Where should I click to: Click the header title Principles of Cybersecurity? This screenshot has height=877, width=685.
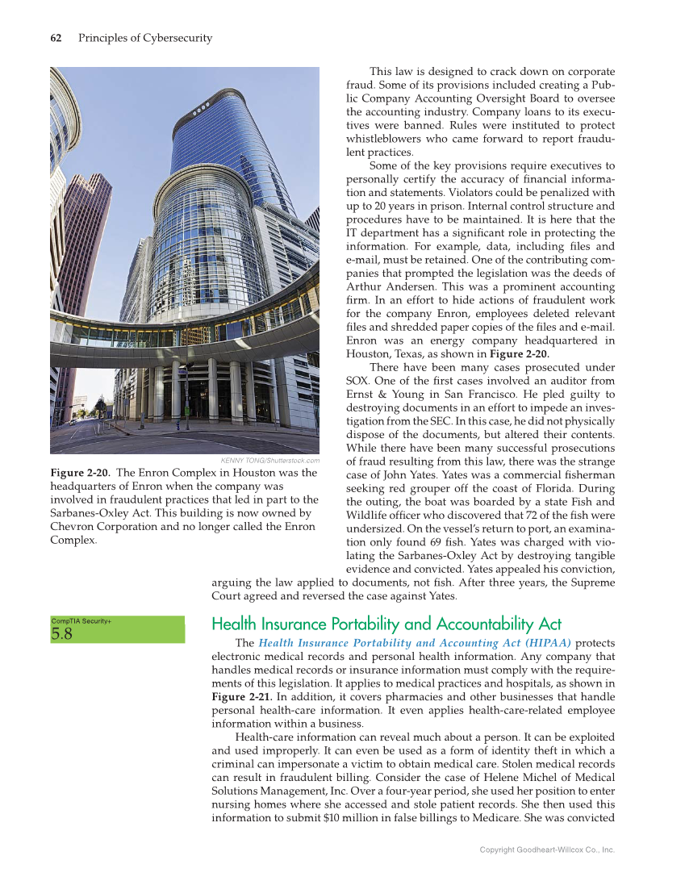(145, 38)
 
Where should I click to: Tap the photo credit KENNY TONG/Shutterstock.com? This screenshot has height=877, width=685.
(270, 461)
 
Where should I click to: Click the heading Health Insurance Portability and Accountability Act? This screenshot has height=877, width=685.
(386, 624)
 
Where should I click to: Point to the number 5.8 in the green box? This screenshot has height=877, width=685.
(62, 634)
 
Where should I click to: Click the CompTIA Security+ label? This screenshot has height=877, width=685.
(81, 620)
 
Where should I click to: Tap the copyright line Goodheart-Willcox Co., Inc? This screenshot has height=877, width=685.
(547, 850)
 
